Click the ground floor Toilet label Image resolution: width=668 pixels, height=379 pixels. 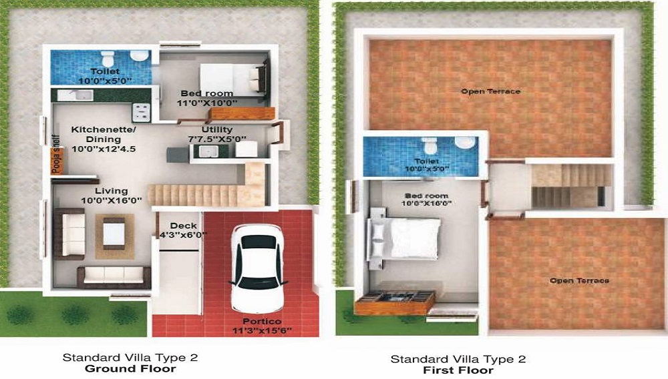click(105, 71)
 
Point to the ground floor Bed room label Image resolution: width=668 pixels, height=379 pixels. click(207, 93)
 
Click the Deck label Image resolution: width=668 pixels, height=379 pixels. click(182, 226)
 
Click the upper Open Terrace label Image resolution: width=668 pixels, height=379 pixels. click(491, 91)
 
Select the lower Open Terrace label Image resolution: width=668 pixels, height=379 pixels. click(579, 281)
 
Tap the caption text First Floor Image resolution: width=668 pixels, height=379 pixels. click(458, 370)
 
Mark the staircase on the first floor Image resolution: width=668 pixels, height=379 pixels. click(571, 185)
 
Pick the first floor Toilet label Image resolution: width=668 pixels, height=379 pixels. click(426, 161)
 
